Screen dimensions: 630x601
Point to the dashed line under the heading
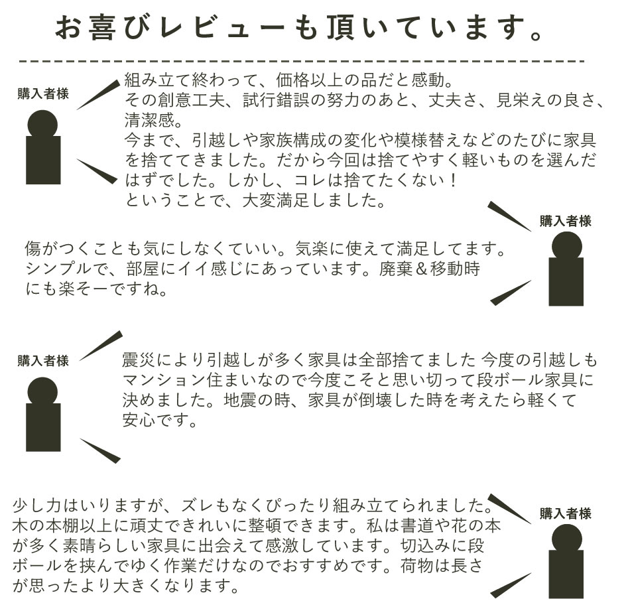click(301, 62)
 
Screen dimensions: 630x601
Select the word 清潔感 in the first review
click(149, 120)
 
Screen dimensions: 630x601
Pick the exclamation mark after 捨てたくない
click(454, 180)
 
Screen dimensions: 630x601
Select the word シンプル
click(58, 269)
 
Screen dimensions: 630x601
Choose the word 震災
click(139, 360)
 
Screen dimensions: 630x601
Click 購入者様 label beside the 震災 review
click(43, 361)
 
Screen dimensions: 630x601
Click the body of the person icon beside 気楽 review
click(566, 282)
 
